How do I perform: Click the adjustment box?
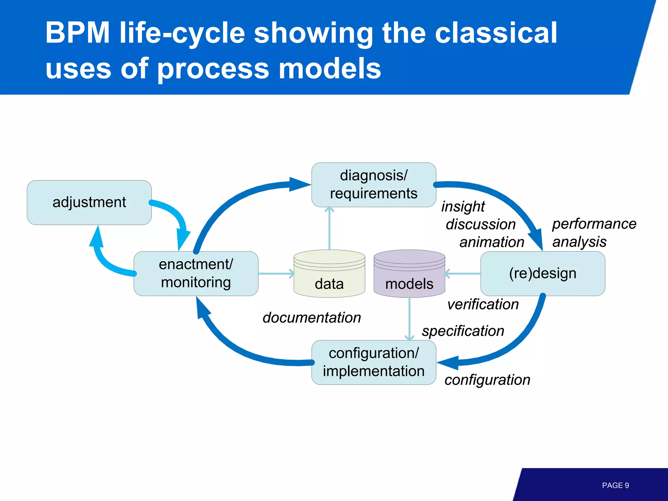89,202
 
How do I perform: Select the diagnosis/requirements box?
373,185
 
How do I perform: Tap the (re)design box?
542,273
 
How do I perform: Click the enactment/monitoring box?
196,273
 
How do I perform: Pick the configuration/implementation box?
373,362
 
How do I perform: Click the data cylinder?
329,277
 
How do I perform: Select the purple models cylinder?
409,277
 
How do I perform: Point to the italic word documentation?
312,317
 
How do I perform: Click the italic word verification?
483,304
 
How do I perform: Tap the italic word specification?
463,331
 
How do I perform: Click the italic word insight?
463,206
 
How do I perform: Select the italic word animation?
492,242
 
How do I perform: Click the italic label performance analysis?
594,233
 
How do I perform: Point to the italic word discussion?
480,224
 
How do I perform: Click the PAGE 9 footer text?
615,485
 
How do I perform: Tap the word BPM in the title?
78,33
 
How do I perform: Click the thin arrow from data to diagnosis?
329,228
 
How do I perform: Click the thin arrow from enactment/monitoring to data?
276,273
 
